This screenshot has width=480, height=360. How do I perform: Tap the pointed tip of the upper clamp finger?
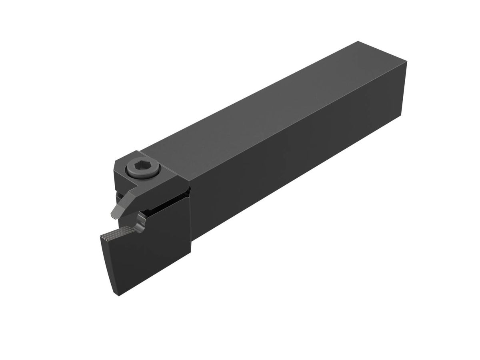click(x=113, y=216)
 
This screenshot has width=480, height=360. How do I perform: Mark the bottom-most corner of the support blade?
click(x=117, y=296)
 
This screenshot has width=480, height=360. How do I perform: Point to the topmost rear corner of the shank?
click(x=358, y=41)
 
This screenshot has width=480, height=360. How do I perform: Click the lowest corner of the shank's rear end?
click(x=400, y=116)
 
